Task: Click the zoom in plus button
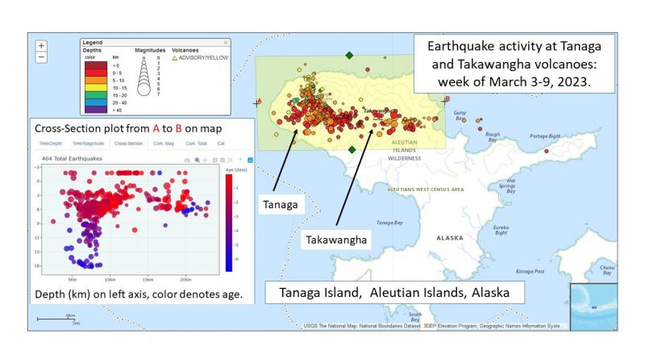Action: (x=42, y=46)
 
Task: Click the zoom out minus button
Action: (x=42, y=57)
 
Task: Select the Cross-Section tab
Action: (x=129, y=144)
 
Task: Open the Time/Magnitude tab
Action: (x=89, y=144)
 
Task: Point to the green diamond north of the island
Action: (x=349, y=55)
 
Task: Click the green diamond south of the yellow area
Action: (x=352, y=149)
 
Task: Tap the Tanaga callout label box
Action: (x=281, y=205)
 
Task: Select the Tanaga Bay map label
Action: (x=389, y=223)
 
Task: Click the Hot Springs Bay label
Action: (x=506, y=187)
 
